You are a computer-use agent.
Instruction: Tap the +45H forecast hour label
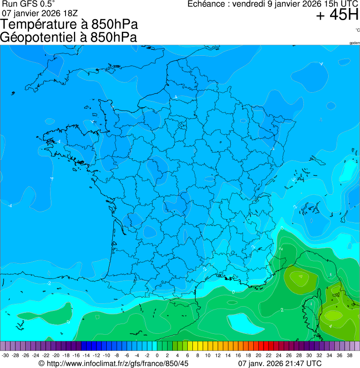[x=337, y=15]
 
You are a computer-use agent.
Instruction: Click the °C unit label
[x=357, y=30]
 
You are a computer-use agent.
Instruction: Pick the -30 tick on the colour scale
[x=5, y=355]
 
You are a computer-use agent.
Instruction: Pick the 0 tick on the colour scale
[x=157, y=355]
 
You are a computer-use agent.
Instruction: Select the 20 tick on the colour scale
[x=258, y=355]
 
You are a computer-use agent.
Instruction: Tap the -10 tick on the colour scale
[x=106, y=355]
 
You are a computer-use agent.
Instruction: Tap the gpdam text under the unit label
[x=354, y=43]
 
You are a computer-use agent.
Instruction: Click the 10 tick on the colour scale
[x=207, y=355]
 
